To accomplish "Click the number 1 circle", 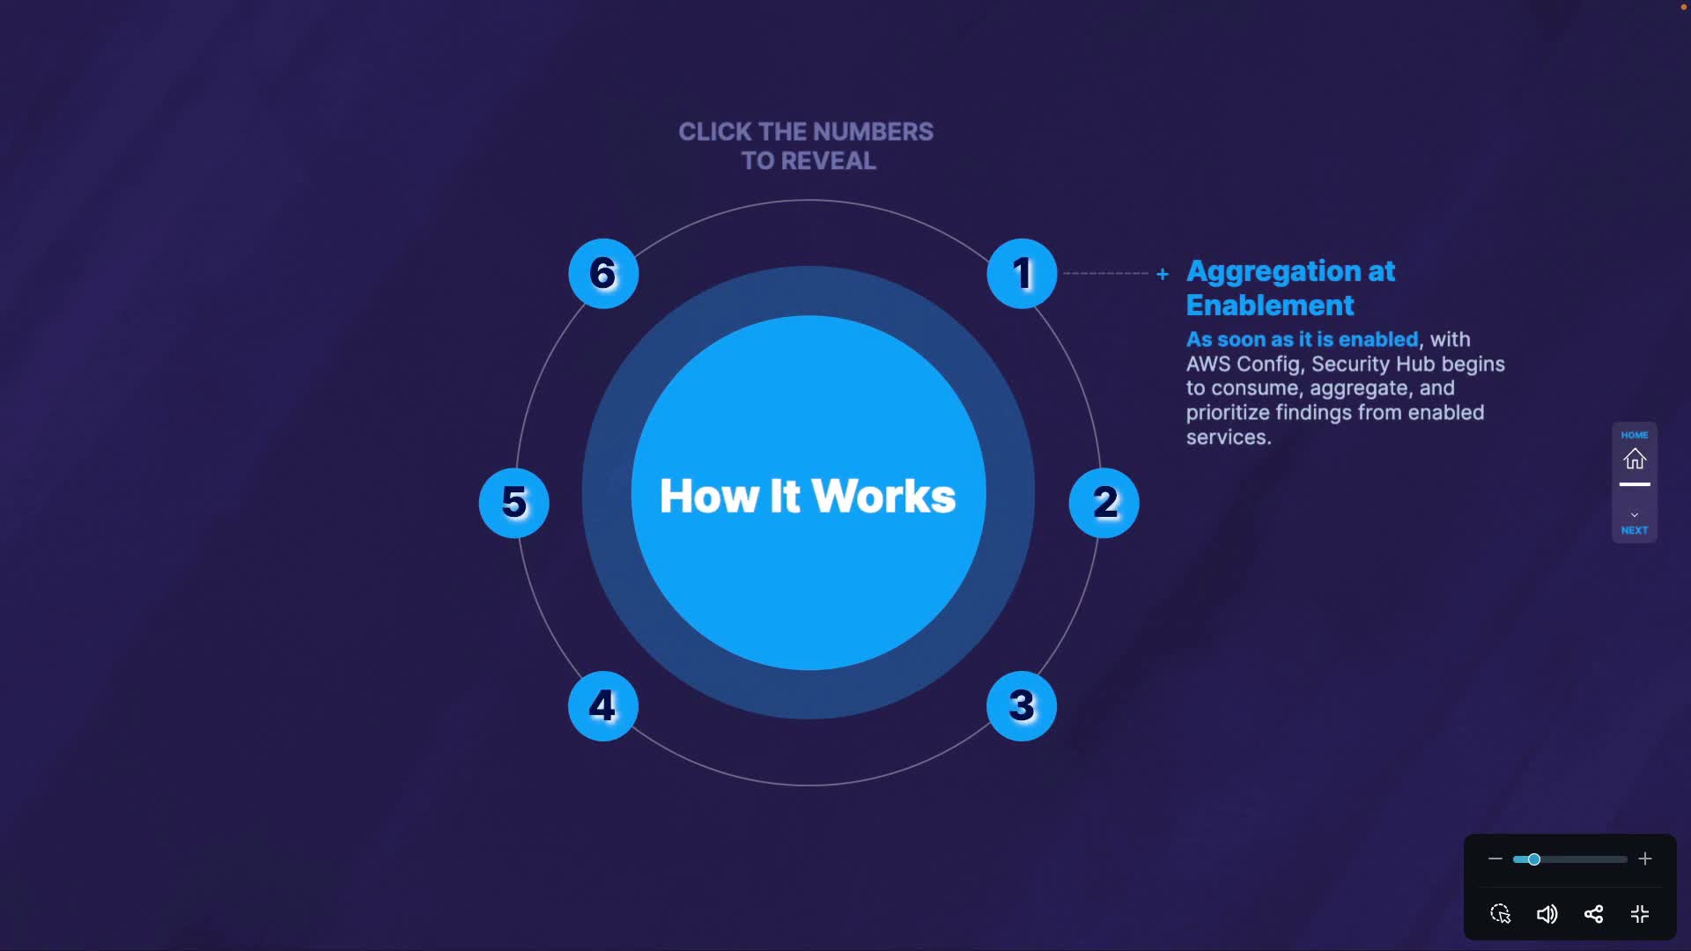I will (x=1022, y=274).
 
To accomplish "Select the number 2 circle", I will (x=1104, y=503).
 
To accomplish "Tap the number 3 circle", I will (x=1022, y=706).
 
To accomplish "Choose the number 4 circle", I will (x=603, y=706).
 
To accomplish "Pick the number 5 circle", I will (x=514, y=503).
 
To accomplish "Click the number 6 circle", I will (x=603, y=274).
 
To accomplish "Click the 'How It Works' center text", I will (x=808, y=496).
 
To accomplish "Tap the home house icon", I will (x=1635, y=459).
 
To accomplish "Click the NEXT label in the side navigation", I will (x=1635, y=530).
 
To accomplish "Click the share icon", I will (x=1593, y=914).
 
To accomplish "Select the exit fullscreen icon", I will (x=1640, y=914).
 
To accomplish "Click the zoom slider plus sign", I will (x=1645, y=859).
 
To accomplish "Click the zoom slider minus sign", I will (x=1495, y=859).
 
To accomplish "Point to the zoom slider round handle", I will (x=1534, y=859).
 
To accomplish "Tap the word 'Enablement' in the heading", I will (x=1270, y=306).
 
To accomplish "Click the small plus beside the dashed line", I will (x=1163, y=274).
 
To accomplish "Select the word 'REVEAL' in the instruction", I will (x=829, y=161).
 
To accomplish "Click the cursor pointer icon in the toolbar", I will (x=1501, y=914).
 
